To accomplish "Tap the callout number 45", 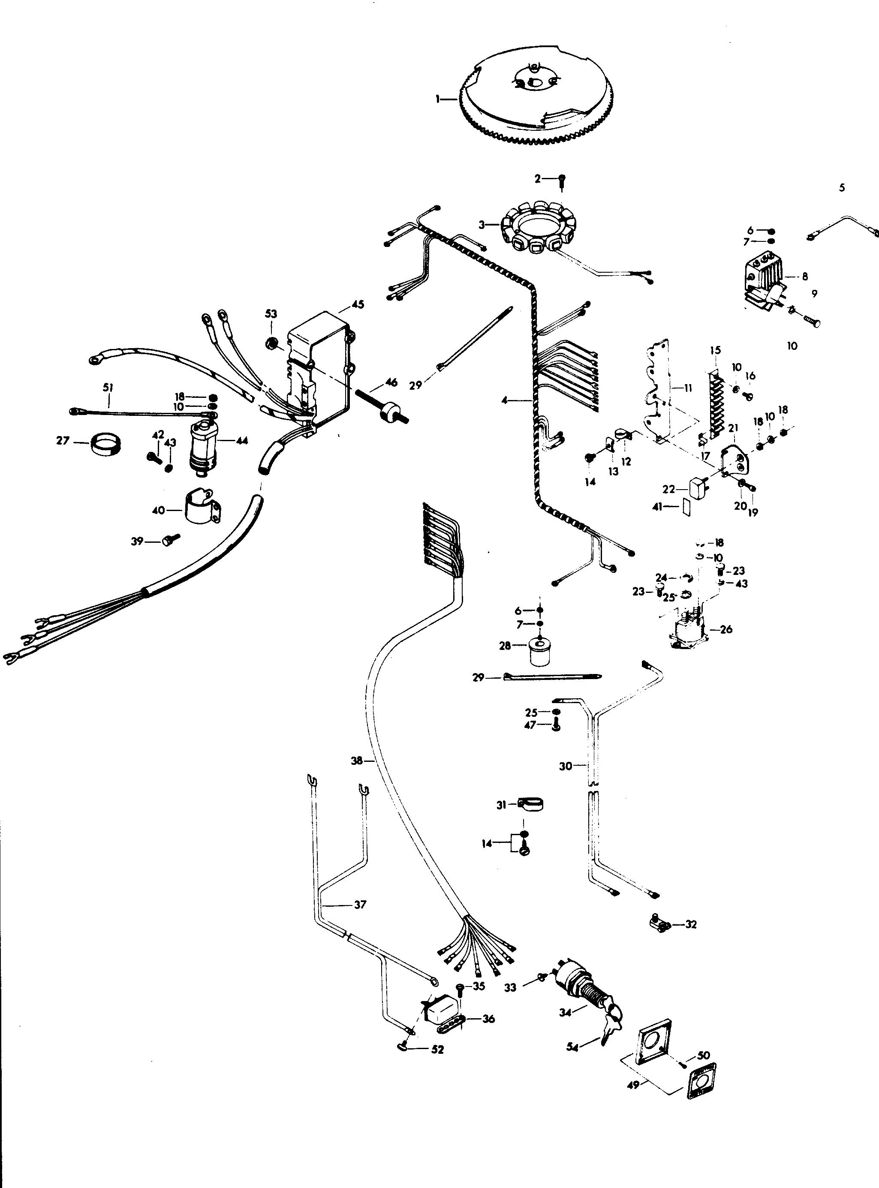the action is pos(358,305).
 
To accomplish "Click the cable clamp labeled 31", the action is pos(530,804).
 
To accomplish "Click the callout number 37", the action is pos(360,905).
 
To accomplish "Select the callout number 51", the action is pos(108,388).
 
